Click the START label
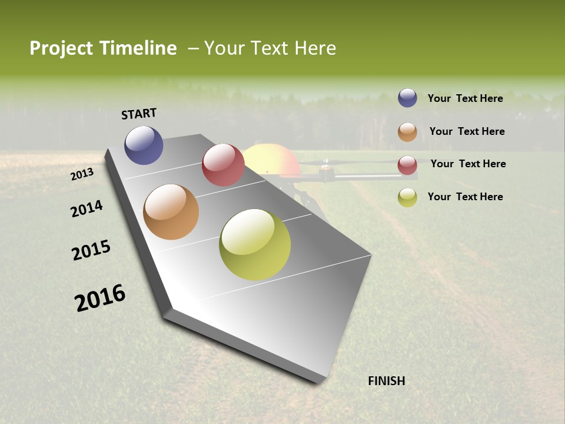point(139,114)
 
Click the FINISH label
point(386,381)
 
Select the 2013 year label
point(82,174)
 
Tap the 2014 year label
point(87,208)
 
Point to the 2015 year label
point(91,250)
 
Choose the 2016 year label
point(100,298)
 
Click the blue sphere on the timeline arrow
point(144,145)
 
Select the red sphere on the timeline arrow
point(223,165)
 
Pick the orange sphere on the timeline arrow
point(171,212)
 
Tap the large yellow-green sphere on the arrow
point(255,244)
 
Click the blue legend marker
point(407,98)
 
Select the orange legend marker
point(407,132)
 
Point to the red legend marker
point(407,165)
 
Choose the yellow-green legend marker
point(407,198)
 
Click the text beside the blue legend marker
point(465,98)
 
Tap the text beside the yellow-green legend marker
point(465,197)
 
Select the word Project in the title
point(61,48)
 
